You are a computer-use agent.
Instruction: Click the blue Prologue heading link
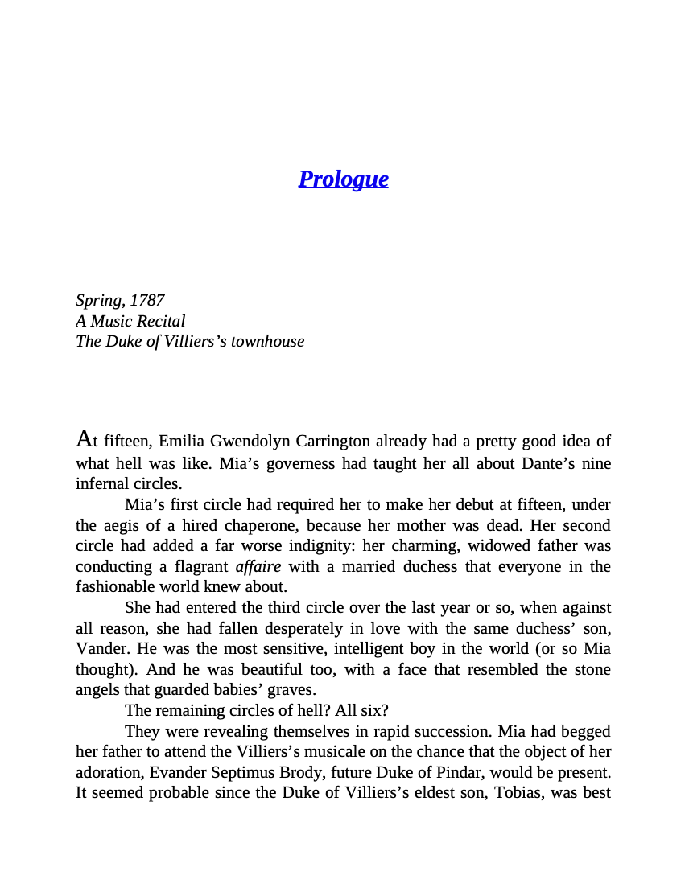(343, 179)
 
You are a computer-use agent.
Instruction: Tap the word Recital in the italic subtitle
(160, 321)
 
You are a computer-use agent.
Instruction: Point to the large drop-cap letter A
(84, 439)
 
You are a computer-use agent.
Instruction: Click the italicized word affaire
(258, 566)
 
